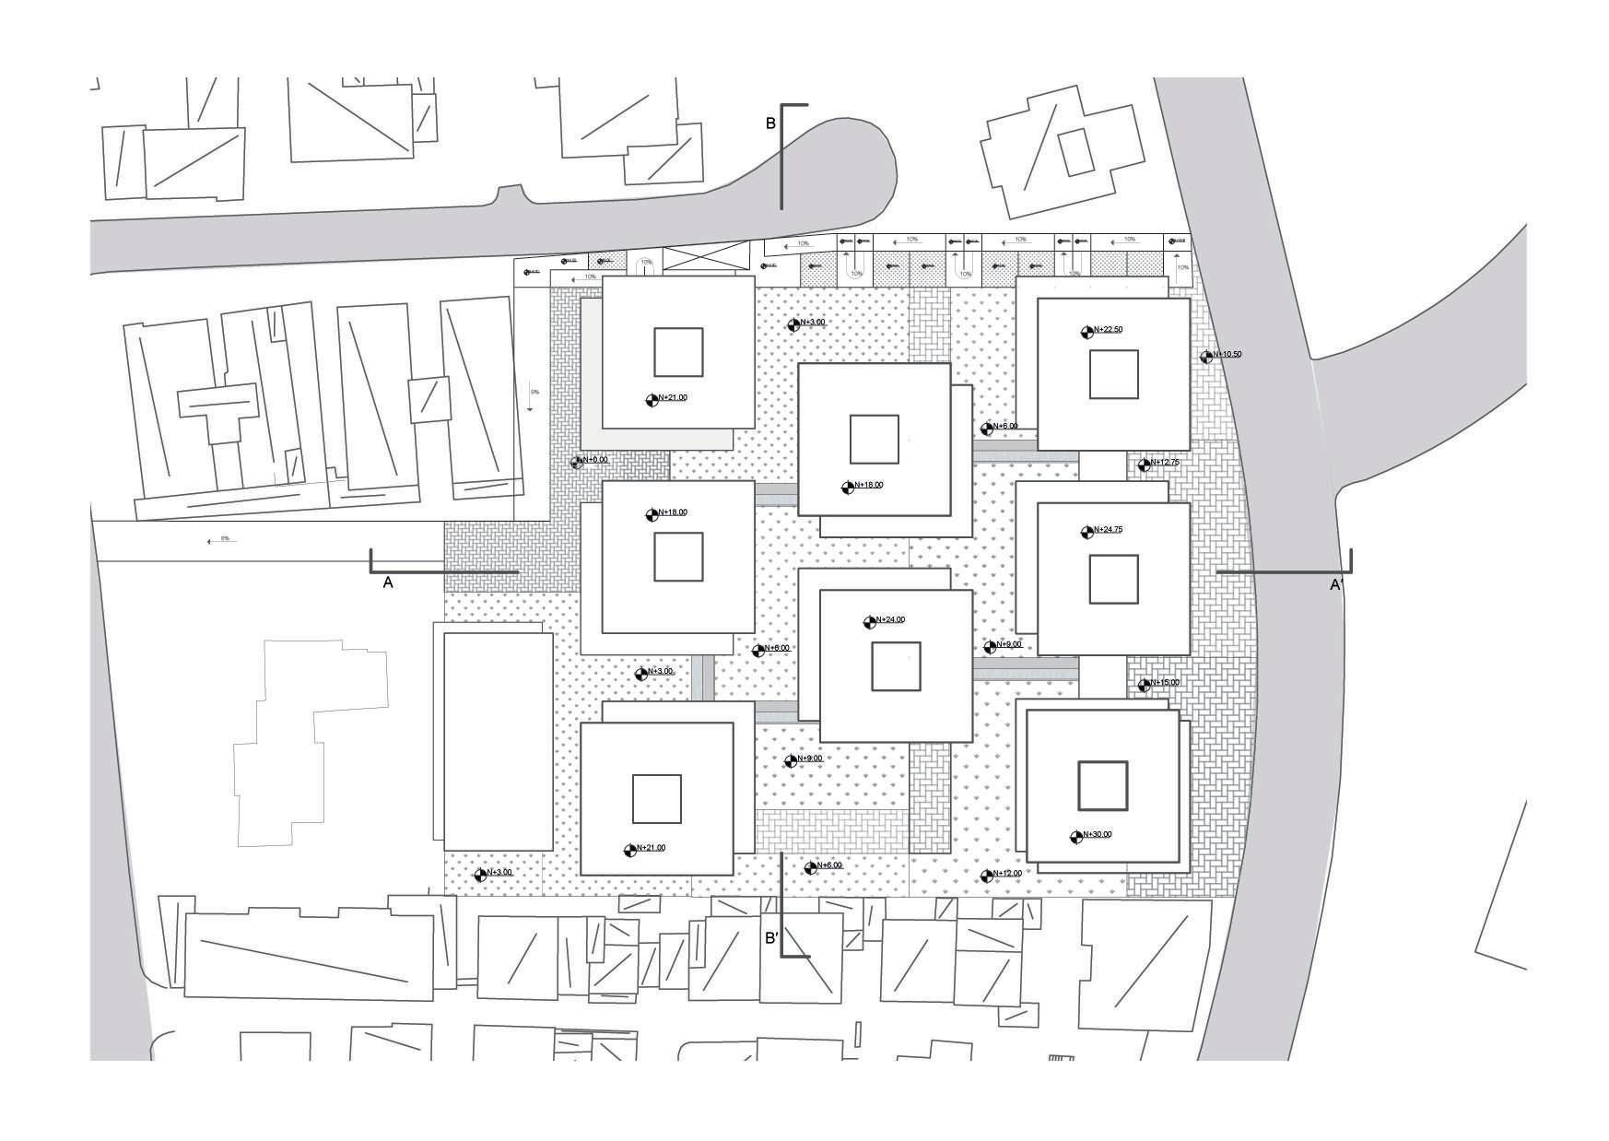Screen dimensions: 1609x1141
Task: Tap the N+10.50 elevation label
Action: pos(1227,354)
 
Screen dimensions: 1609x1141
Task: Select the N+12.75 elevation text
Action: pos(1165,463)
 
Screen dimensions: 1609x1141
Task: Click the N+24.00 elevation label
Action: pos(891,619)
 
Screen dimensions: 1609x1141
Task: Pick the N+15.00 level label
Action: pos(1165,683)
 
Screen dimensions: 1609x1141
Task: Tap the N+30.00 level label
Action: pos(1097,834)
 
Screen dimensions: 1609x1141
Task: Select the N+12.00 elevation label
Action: pos(1007,873)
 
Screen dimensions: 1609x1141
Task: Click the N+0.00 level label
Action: pos(594,459)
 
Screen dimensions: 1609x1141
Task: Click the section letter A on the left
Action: pos(388,582)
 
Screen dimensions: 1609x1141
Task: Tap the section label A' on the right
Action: pos(1335,584)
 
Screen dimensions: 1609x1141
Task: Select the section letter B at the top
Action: pos(770,123)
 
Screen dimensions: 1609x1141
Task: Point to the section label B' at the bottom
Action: pos(772,939)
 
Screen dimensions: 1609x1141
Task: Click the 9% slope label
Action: pos(534,393)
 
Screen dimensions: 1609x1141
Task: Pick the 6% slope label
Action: pos(225,538)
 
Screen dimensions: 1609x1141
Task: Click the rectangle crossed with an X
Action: pos(706,258)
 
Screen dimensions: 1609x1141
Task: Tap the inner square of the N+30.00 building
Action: pos(1103,785)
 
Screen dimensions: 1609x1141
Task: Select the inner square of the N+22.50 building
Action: pos(1113,374)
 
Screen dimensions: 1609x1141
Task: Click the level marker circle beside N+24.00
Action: pos(869,623)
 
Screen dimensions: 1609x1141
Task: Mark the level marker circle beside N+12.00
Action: pos(987,876)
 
